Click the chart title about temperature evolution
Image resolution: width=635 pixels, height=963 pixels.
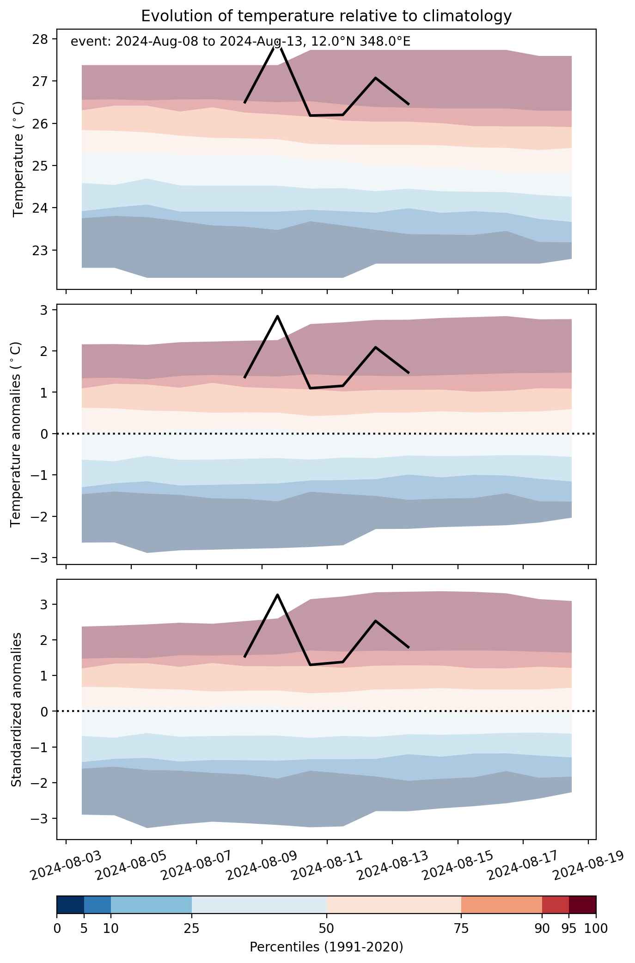point(326,16)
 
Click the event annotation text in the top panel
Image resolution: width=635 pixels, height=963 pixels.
point(240,42)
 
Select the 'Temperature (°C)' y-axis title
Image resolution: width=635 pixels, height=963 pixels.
point(18,159)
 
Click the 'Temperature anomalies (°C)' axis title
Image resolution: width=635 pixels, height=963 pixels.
point(16,434)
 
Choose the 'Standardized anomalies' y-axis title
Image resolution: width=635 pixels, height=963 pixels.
point(16,709)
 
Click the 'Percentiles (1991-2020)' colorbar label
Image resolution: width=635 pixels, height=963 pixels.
point(326,947)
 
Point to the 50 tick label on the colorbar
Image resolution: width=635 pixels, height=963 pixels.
point(326,928)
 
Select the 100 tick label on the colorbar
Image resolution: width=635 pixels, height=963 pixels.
point(596,928)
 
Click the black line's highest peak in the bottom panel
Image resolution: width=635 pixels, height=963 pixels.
point(277,595)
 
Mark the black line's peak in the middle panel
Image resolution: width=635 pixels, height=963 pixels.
point(277,316)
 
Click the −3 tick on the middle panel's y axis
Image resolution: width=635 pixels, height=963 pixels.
point(40,558)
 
